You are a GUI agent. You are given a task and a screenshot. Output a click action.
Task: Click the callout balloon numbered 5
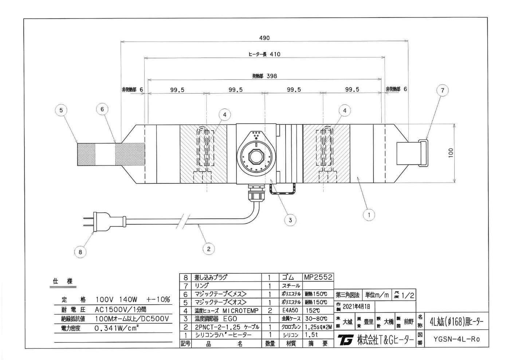click(x=62, y=110)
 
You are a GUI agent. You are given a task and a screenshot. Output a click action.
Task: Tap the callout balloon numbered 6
click(x=103, y=108)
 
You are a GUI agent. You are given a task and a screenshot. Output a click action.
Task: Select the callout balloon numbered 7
click(x=442, y=91)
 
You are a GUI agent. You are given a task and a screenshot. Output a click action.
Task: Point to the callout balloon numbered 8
click(x=81, y=251)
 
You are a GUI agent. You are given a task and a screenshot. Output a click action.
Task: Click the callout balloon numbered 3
click(x=290, y=220)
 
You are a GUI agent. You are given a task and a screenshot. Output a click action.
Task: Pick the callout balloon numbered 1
click(x=369, y=215)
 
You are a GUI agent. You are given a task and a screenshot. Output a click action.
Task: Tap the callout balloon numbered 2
click(x=208, y=249)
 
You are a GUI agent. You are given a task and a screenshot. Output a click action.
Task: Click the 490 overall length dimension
click(x=264, y=38)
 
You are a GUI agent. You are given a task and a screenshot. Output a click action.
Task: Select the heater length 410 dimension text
click(x=264, y=55)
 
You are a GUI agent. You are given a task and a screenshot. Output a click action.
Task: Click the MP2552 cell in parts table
click(x=318, y=277)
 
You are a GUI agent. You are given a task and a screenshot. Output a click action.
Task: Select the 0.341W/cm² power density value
click(x=117, y=328)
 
